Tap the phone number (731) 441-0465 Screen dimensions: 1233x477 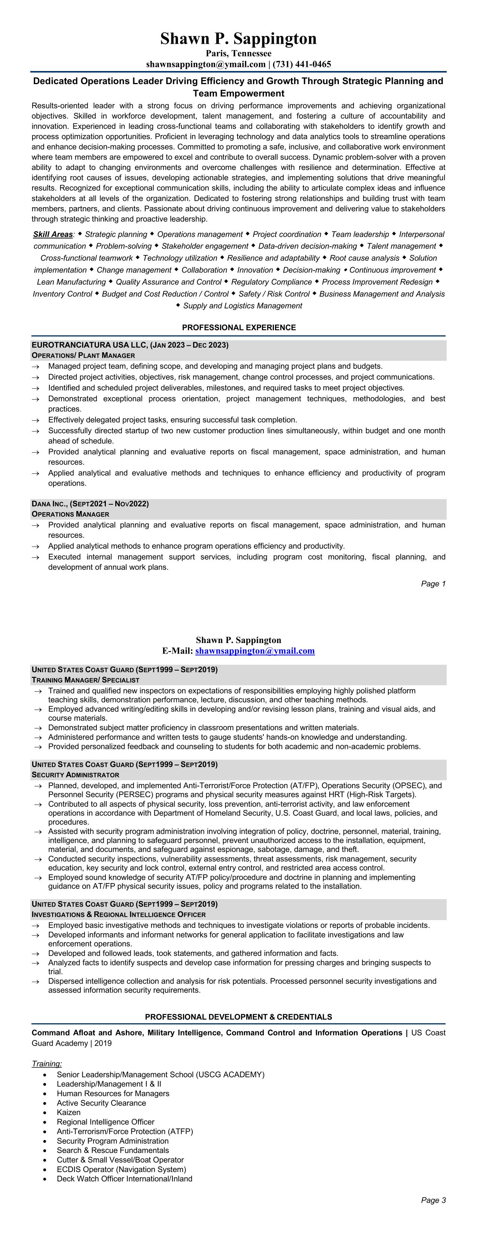(302, 64)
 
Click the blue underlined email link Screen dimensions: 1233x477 (255, 651)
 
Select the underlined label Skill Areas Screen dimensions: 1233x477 (53, 234)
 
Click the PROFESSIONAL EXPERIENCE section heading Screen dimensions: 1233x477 (239, 328)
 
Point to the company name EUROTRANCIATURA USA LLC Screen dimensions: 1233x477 (89, 345)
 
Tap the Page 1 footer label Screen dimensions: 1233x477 (433, 584)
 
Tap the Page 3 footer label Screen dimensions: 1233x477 (433, 1200)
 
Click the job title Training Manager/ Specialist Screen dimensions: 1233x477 (85, 680)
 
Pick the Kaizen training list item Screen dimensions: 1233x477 (68, 1112)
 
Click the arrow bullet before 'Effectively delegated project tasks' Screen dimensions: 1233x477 (36, 420)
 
